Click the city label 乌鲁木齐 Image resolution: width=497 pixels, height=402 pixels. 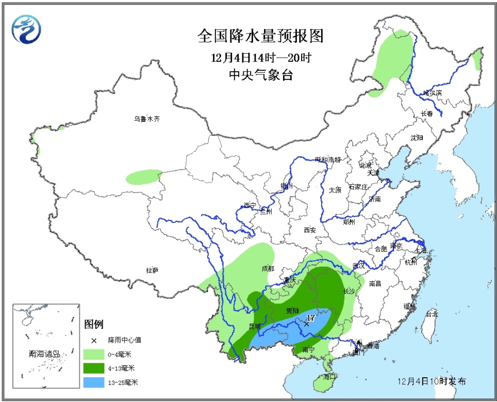pyautogui.click(x=147, y=119)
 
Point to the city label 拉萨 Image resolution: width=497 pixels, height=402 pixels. pyautogui.click(x=152, y=270)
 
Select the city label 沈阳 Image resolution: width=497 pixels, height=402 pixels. pyautogui.click(x=417, y=138)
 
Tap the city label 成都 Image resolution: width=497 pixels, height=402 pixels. pyautogui.click(x=268, y=269)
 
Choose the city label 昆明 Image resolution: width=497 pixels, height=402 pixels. pyautogui.click(x=255, y=326)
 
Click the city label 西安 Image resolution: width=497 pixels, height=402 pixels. pyautogui.click(x=309, y=230)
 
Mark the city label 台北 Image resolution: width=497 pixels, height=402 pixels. pyautogui.click(x=432, y=313)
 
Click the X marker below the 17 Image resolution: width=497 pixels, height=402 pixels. pyautogui.click(x=307, y=324)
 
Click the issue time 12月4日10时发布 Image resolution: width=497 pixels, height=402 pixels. pyautogui.click(x=432, y=381)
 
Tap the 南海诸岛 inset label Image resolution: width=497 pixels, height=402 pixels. pyautogui.click(x=44, y=355)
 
